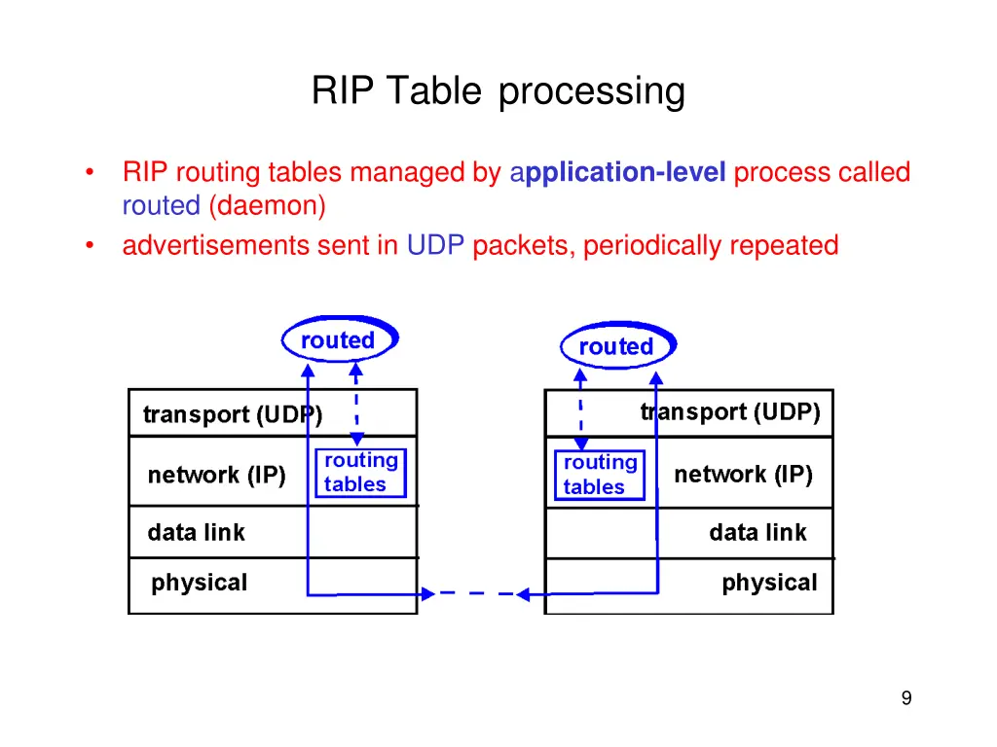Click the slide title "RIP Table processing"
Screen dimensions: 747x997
pyautogui.click(x=498, y=91)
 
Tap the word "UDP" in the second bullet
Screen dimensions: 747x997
pyautogui.click(x=435, y=245)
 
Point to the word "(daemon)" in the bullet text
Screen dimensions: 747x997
pyautogui.click(x=266, y=206)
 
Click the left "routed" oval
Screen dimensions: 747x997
pyautogui.click(x=339, y=340)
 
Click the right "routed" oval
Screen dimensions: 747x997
pyautogui.click(x=616, y=346)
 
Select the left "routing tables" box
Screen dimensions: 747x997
pyautogui.click(x=360, y=473)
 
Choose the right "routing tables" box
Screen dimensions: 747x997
pyautogui.click(x=600, y=475)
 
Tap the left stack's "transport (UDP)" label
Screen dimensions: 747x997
pyautogui.click(x=233, y=414)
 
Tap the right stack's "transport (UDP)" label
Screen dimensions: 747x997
pyautogui.click(x=730, y=412)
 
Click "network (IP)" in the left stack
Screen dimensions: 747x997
pyautogui.click(x=216, y=476)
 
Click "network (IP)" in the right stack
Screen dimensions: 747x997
pyautogui.click(x=743, y=475)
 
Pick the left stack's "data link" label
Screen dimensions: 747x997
pyautogui.click(x=196, y=533)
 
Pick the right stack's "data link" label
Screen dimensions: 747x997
pyautogui.click(x=757, y=533)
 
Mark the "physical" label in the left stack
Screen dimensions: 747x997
pyautogui.click(x=199, y=583)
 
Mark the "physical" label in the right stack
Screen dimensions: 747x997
pyautogui.click(x=769, y=583)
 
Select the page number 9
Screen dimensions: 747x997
pyautogui.click(x=906, y=698)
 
